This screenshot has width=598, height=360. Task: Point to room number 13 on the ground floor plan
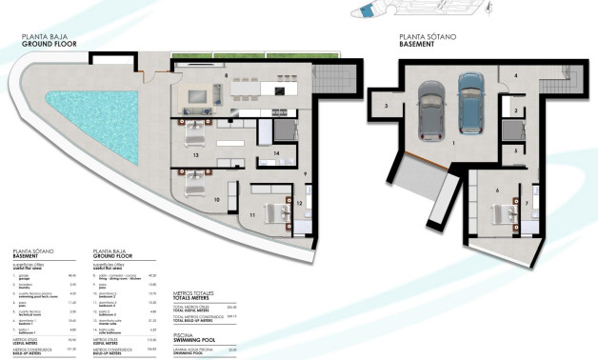(x=195, y=153)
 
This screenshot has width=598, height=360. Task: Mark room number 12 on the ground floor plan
(x=298, y=203)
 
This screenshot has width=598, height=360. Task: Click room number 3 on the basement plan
(x=386, y=107)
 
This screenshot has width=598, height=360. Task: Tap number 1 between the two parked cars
(x=453, y=143)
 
